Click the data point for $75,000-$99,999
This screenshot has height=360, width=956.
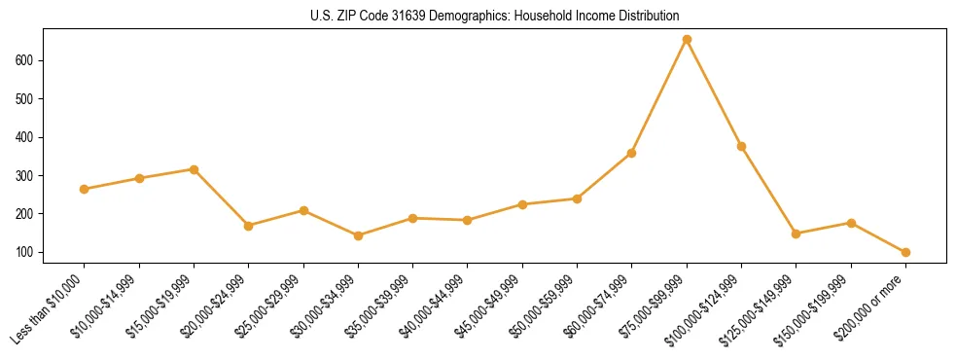(x=687, y=40)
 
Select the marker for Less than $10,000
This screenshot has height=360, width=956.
(x=85, y=189)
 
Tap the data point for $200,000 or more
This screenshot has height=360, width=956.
(x=905, y=252)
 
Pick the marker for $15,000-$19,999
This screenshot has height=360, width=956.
(x=195, y=169)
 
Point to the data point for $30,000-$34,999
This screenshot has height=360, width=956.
(x=358, y=235)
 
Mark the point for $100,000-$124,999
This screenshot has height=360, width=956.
(x=741, y=146)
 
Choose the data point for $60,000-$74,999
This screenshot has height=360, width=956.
(x=632, y=153)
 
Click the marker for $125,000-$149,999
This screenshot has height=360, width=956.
(x=797, y=234)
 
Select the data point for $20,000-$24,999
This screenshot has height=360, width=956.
(x=249, y=226)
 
